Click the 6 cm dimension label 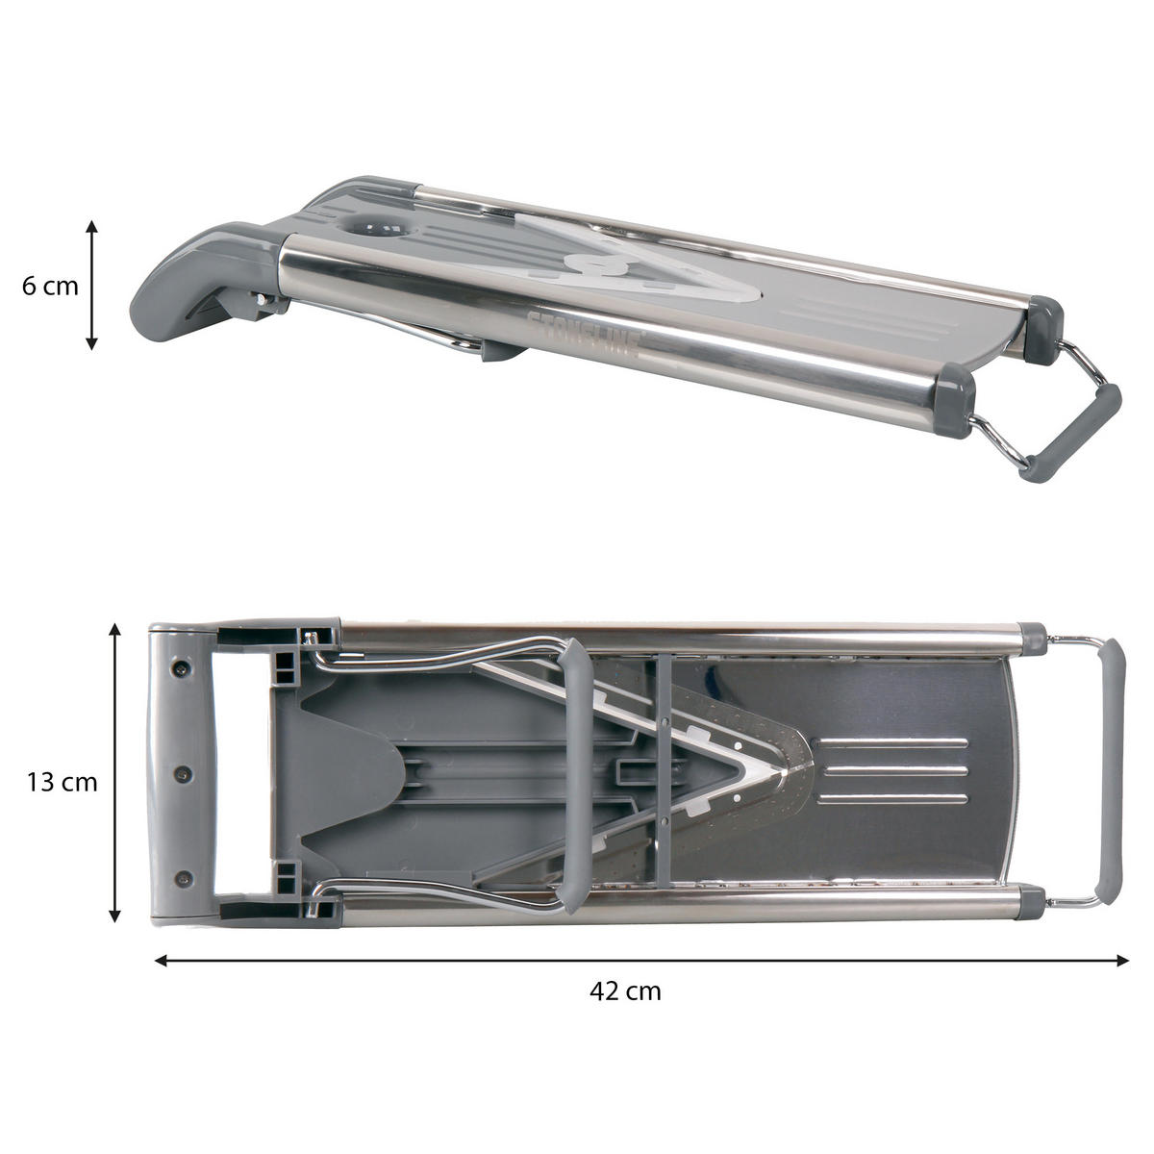(50, 287)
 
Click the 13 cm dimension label (62, 782)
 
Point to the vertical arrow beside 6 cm (91, 285)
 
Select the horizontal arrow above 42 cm (640, 961)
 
